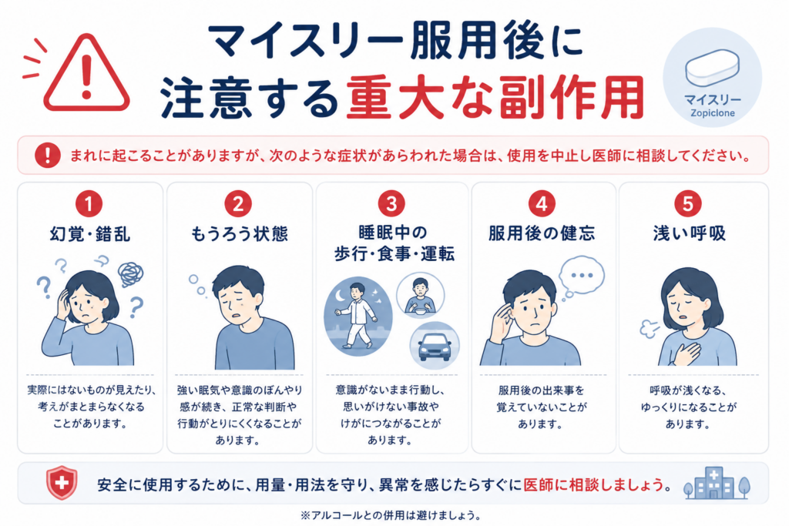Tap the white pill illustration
(712, 67)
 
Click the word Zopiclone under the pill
(713, 113)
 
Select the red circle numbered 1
(89, 204)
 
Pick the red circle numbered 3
(391, 204)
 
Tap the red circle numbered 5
(687, 204)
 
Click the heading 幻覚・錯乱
(90, 234)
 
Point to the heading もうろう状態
(239, 234)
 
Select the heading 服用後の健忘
(542, 233)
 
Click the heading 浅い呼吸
(690, 233)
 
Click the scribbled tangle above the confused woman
(131, 274)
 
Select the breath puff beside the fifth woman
(649, 328)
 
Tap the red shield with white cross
(62, 483)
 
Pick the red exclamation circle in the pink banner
(47, 155)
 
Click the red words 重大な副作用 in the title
(495, 97)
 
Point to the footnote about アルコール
(390, 515)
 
